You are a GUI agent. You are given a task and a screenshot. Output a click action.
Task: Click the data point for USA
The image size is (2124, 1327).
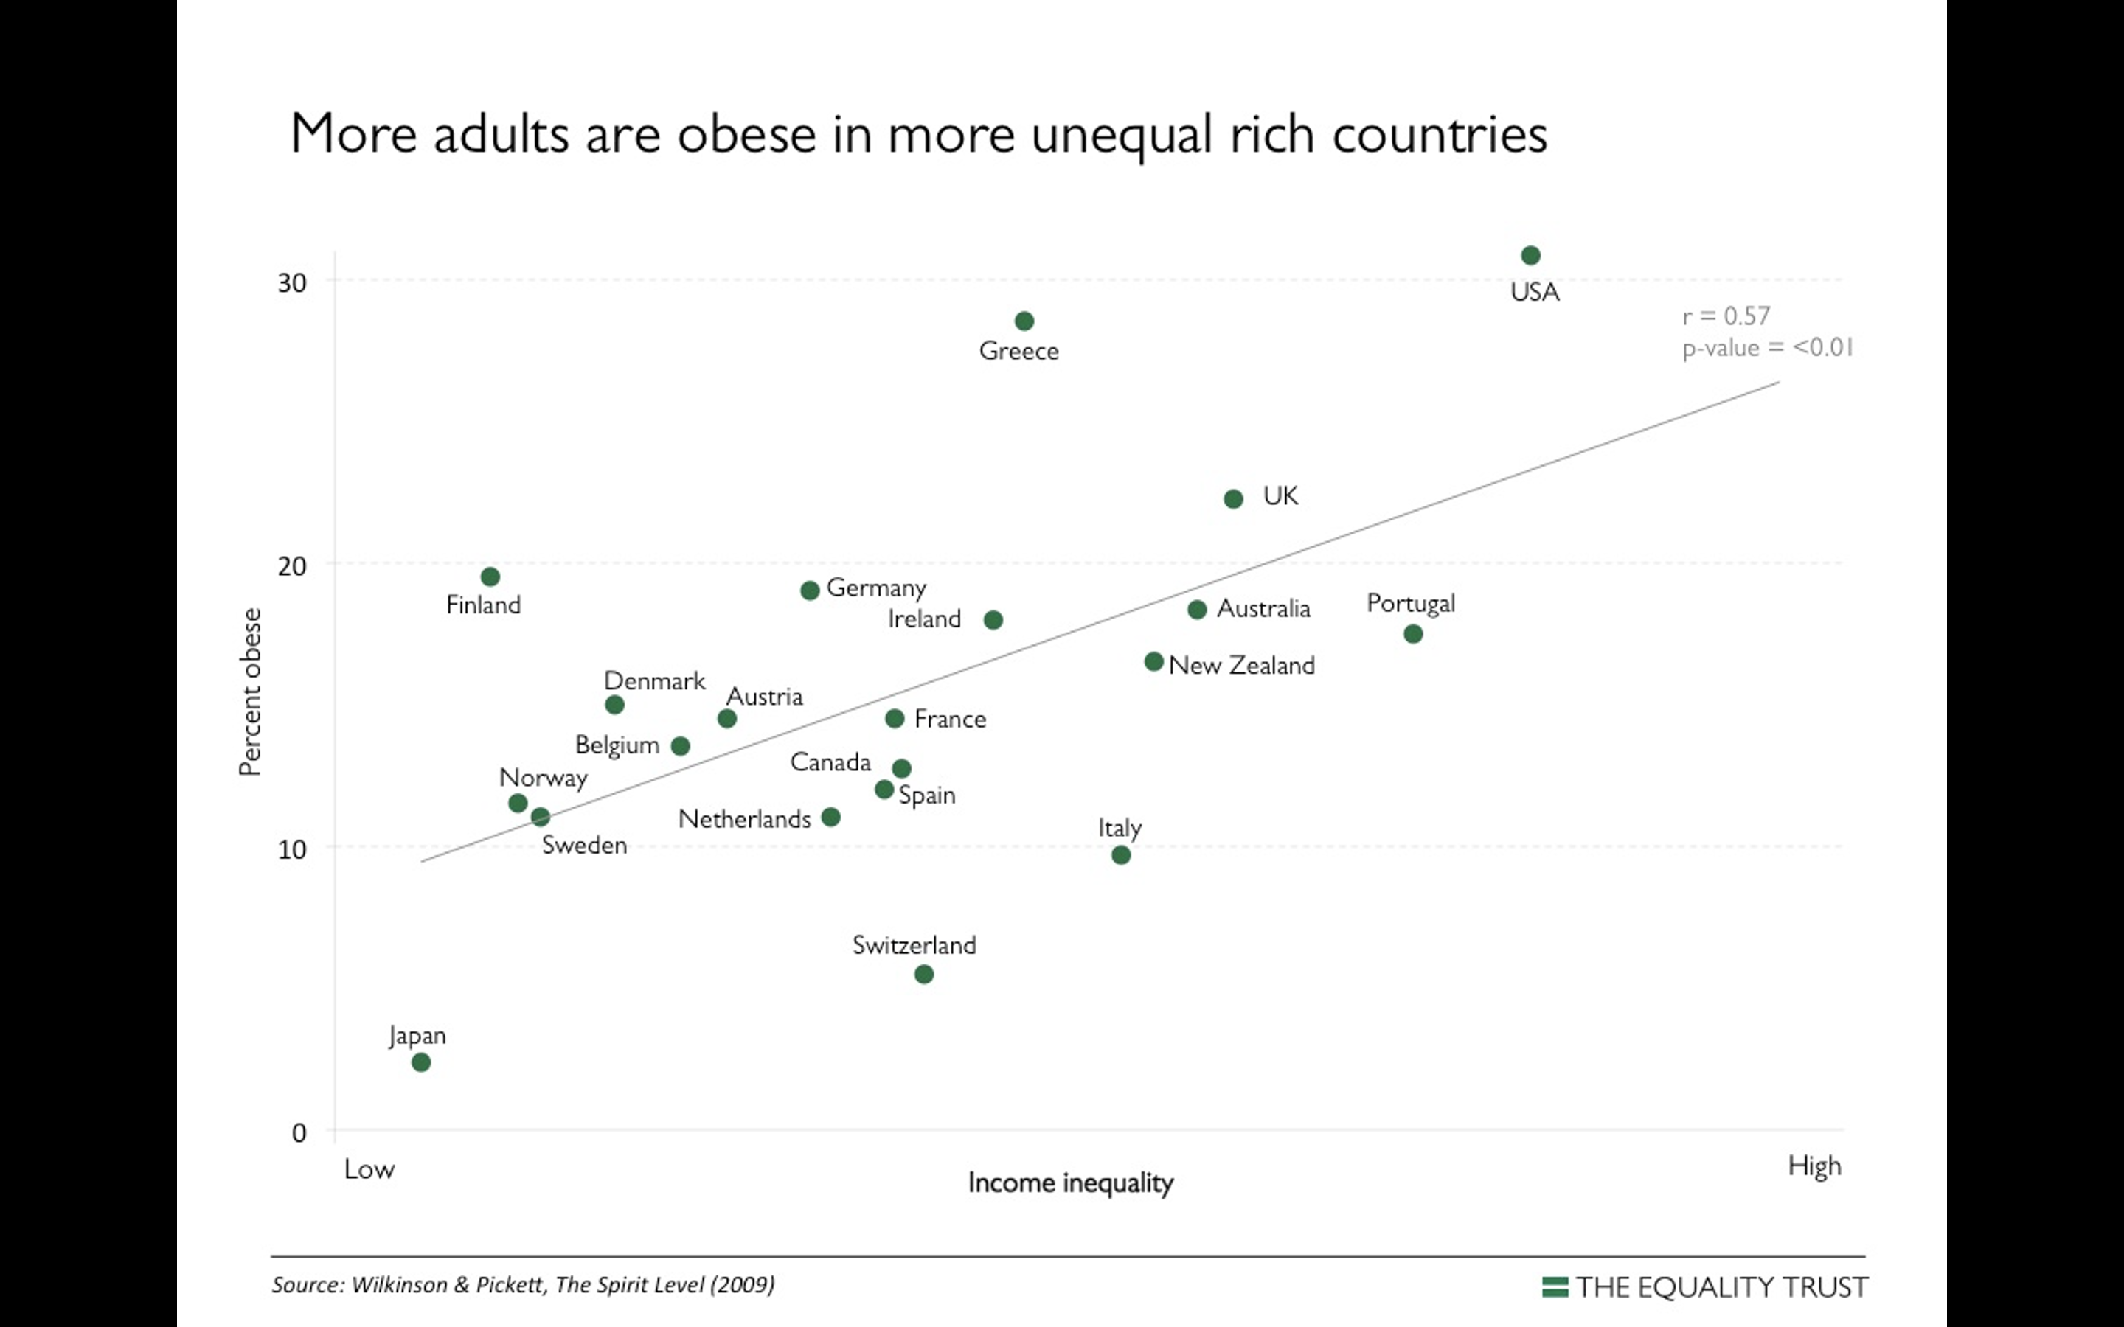(x=1531, y=255)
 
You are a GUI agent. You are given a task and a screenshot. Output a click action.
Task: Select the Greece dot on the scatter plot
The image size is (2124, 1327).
(x=1024, y=321)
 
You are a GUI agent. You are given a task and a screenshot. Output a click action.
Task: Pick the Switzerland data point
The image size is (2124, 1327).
(x=924, y=974)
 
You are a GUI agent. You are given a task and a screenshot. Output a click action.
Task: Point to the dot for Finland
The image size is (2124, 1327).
(x=490, y=577)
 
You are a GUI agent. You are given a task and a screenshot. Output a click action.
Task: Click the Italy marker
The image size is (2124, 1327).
(x=1121, y=855)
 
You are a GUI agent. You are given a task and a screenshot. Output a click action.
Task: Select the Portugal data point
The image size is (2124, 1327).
(x=1413, y=634)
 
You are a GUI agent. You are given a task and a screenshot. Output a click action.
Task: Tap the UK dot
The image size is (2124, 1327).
(x=1233, y=499)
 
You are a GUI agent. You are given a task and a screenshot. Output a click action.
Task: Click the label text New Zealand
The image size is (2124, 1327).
(x=1242, y=665)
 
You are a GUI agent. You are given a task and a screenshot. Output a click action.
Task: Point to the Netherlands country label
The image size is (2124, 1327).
(x=744, y=820)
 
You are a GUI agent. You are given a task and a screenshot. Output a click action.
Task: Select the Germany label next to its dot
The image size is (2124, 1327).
(x=876, y=588)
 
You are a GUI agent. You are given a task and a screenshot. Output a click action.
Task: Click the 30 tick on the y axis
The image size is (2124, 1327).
(x=292, y=282)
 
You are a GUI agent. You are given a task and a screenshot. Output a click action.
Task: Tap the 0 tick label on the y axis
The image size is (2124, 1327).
(x=299, y=1133)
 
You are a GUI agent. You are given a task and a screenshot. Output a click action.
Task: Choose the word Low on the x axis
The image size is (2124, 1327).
(x=369, y=1169)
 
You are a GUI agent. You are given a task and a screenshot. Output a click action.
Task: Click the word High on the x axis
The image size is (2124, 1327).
(x=1814, y=1166)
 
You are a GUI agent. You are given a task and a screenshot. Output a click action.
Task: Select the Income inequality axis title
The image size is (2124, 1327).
(x=1070, y=1183)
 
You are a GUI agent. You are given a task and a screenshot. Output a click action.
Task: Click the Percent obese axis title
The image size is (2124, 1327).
(x=251, y=692)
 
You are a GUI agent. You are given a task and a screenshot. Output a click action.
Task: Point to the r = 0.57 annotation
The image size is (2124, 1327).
(x=1726, y=316)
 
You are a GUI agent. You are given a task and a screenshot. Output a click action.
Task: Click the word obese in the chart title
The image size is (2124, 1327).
(x=746, y=134)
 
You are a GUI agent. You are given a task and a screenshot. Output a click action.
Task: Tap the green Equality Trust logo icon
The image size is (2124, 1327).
(x=1555, y=1286)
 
